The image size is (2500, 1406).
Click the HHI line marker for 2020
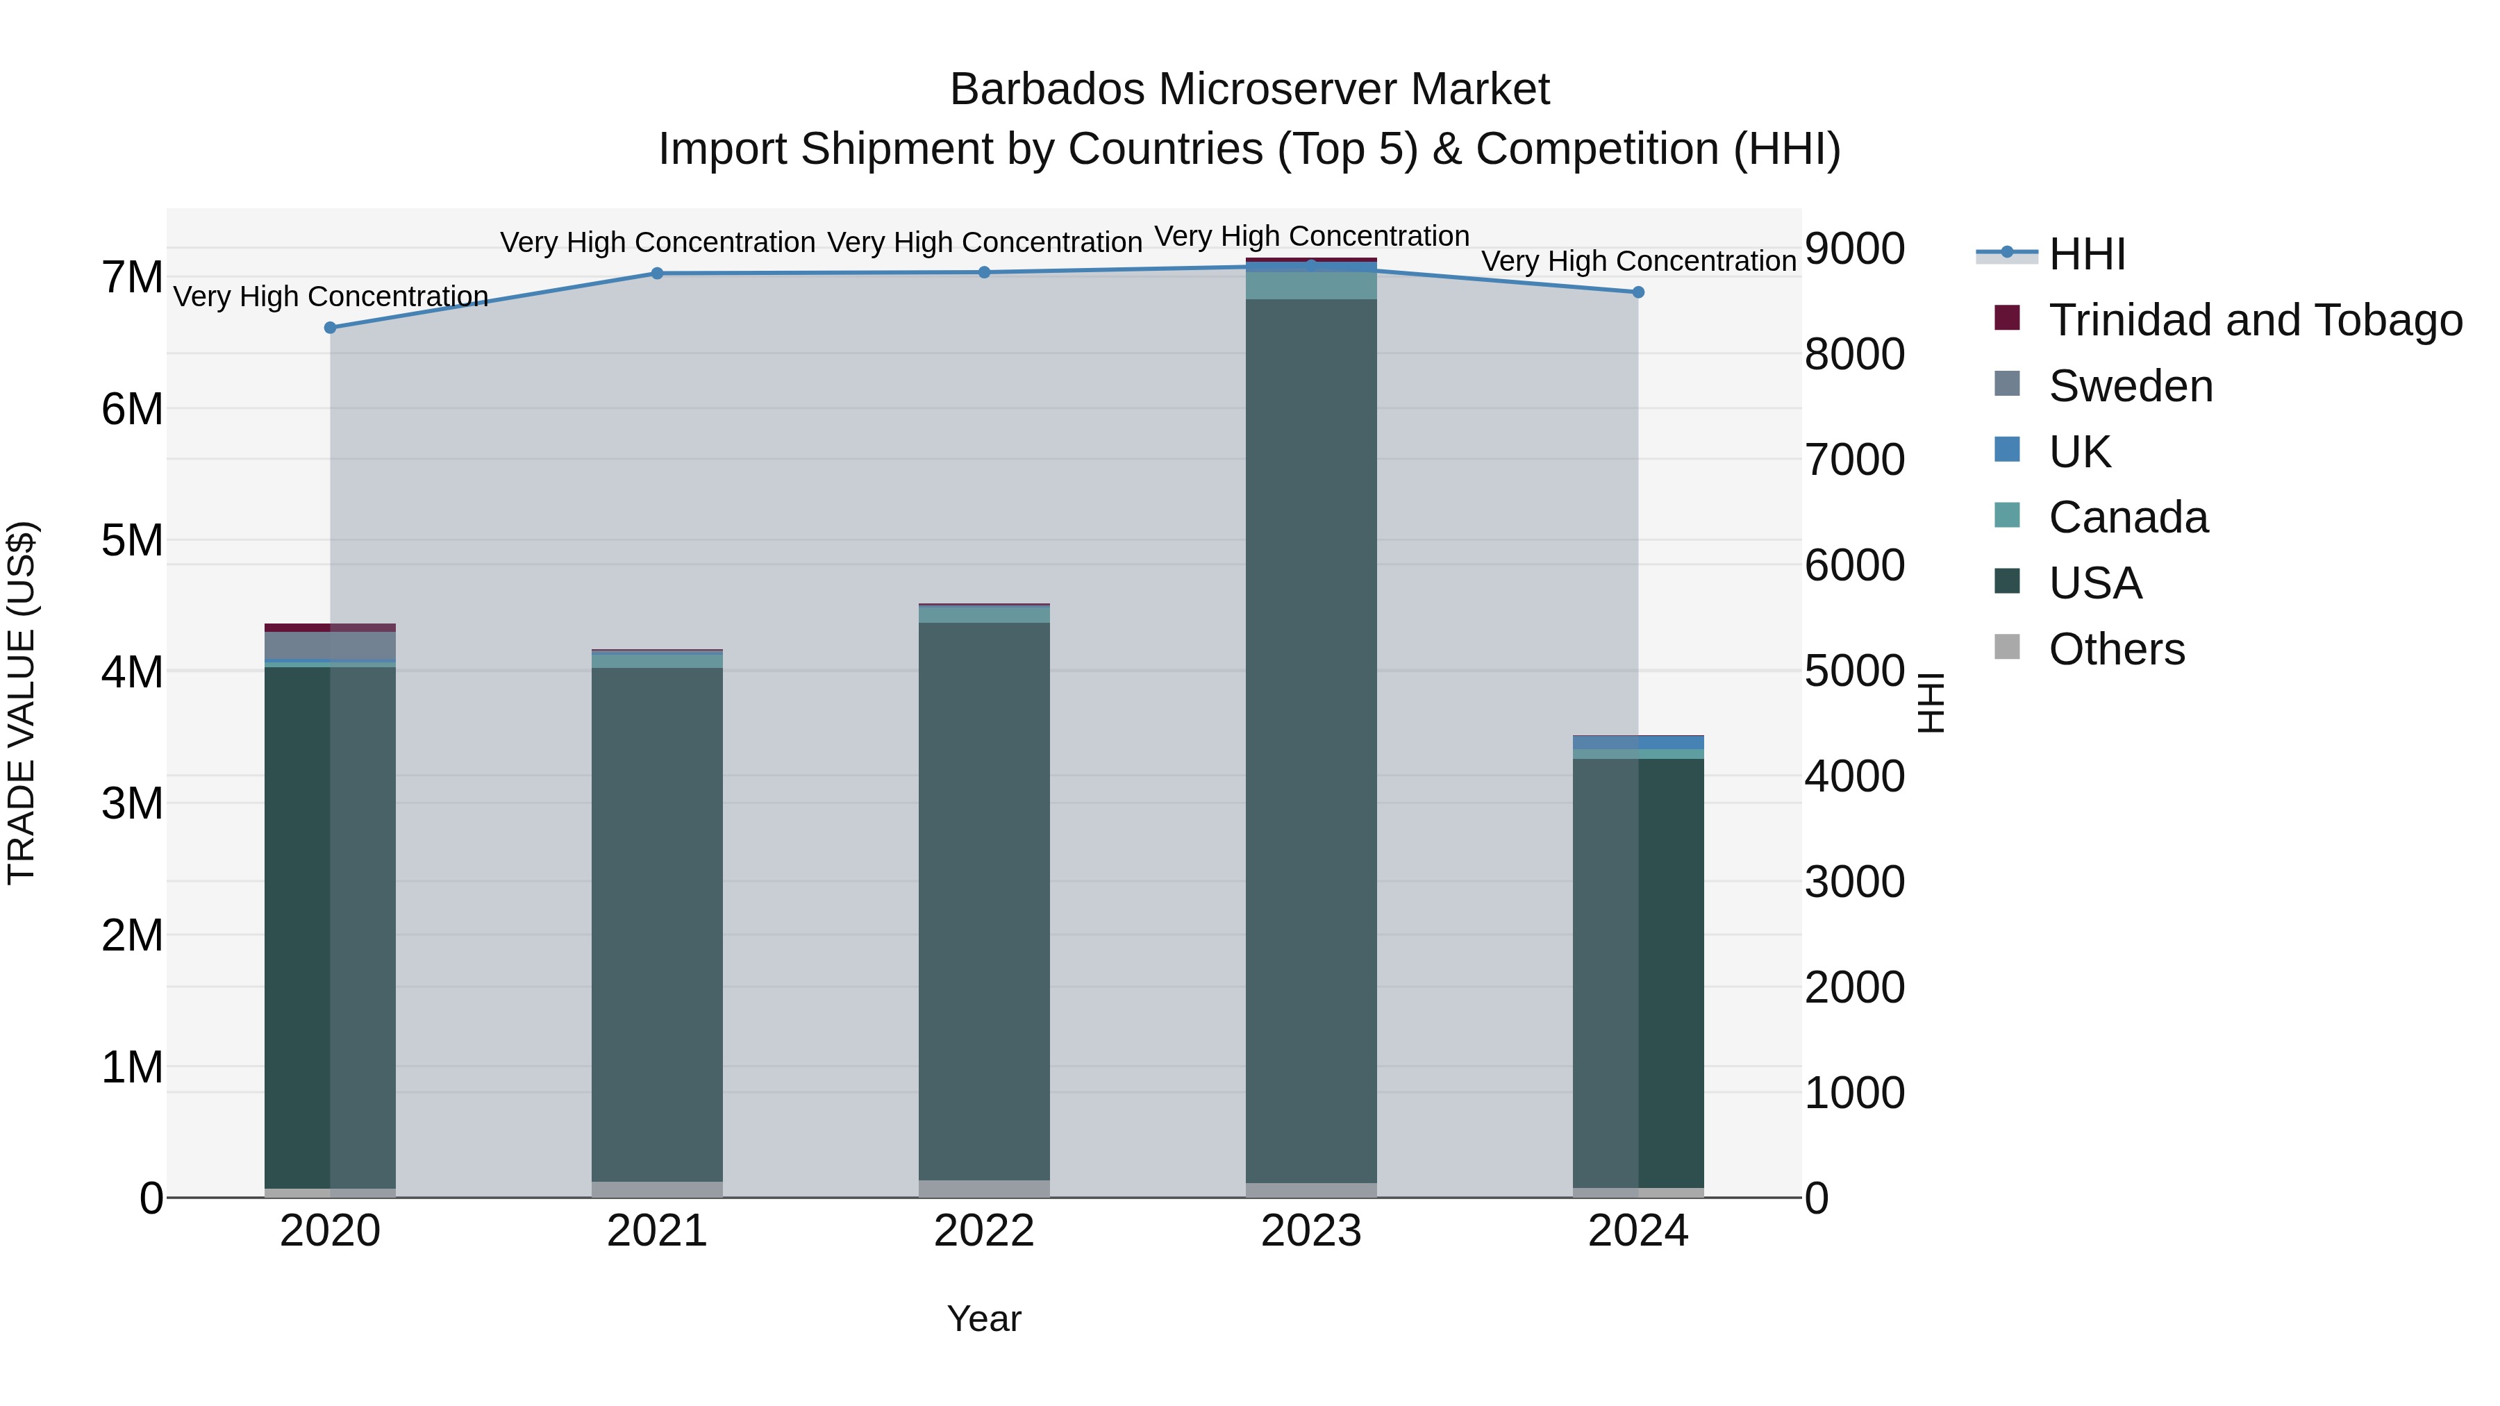[x=330, y=328]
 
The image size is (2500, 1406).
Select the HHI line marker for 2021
[x=657, y=274]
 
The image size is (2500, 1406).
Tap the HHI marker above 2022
[x=984, y=273]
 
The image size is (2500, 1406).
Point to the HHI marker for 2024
[x=1638, y=292]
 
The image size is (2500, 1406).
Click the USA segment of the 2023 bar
[x=1311, y=737]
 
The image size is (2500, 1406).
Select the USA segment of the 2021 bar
[x=657, y=922]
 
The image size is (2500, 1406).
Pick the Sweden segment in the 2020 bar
[x=330, y=645]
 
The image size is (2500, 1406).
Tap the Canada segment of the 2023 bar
[x=1311, y=286]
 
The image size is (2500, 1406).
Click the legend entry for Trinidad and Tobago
[x=2254, y=320]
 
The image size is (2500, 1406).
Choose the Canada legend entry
[x=2127, y=517]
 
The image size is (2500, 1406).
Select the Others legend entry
[x=2116, y=649]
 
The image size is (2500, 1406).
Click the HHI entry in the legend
[x=2087, y=254]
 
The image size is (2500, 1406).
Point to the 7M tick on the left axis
[x=132, y=278]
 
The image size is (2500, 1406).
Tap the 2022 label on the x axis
[x=984, y=1231]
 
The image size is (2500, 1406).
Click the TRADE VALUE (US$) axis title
[x=22, y=703]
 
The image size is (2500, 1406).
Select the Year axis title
[x=984, y=1319]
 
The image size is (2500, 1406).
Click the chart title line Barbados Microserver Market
[x=1249, y=90]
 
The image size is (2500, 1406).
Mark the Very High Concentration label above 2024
[x=1638, y=261]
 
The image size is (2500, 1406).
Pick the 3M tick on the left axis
[x=132, y=803]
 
